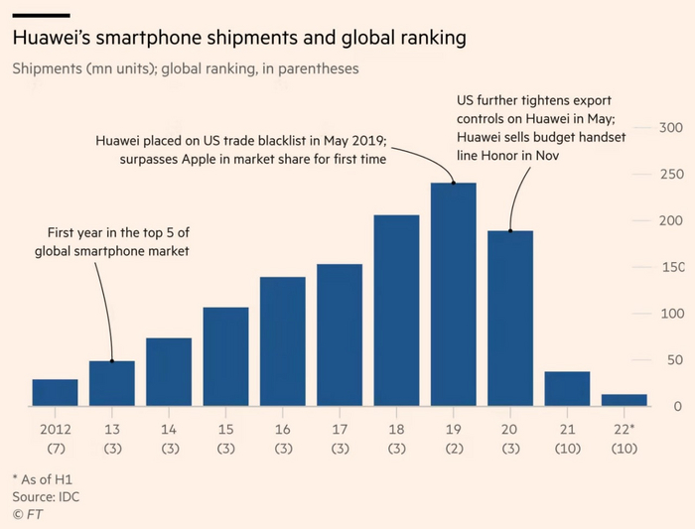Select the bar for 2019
point(453,295)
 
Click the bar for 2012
point(55,393)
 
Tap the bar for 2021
point(567,389)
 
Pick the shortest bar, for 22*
point(624,400)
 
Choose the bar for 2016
point(282,341)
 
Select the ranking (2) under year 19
point(453,449)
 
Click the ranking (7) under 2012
point(55,449)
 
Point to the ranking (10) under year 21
point(567,449)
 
